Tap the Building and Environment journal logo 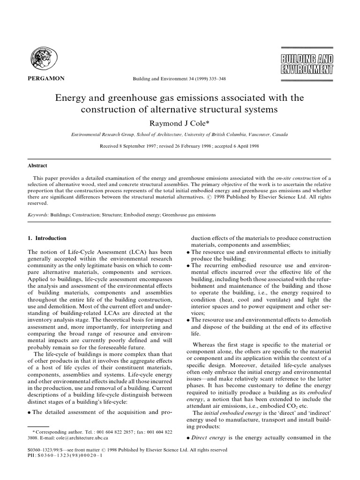pos(307,65)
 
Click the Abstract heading pos(37,165)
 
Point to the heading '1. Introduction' pos(48,238)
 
